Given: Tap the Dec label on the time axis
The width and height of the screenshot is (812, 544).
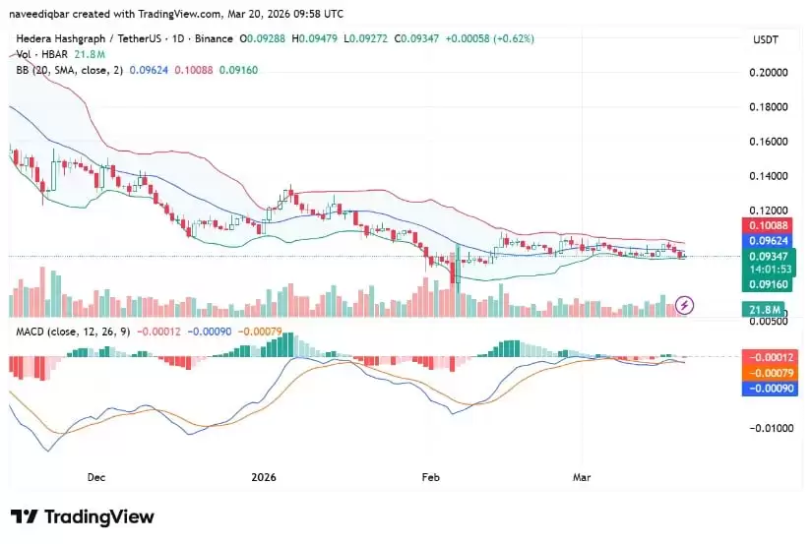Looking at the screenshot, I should pos(96,477).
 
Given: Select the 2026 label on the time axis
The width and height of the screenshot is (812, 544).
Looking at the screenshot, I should pos(264,477).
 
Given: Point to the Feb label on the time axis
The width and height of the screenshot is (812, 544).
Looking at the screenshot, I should pos(430,477).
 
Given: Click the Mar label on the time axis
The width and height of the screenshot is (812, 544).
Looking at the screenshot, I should pos(582,477).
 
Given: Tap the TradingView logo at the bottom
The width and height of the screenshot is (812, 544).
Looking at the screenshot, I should pos(83,516).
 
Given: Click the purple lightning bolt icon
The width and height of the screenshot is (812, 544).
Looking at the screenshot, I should pos(686,305).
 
